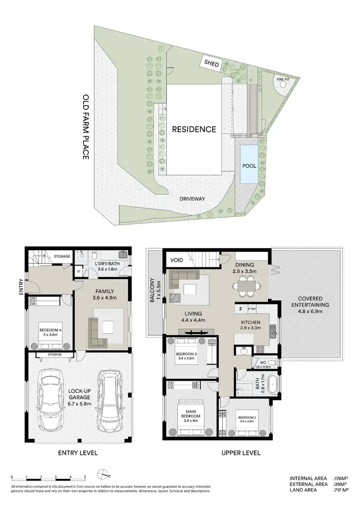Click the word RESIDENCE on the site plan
click(x=194, y=129)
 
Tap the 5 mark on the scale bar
click(x=85, y=477)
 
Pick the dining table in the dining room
click(x=247, y=286)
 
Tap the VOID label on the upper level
click(x=177, y=261)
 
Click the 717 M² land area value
click(x=342, y=491)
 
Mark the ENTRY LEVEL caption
click(x=78, y=453)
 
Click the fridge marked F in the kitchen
click(x=240, y=310)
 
